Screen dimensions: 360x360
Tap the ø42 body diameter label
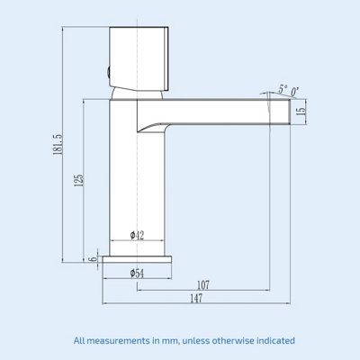pos(138,234)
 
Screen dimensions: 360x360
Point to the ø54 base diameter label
pos(138,271)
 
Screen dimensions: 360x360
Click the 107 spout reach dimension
pos(203,284)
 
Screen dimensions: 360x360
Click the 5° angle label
pos(283,88)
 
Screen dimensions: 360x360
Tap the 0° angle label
pos(296,88)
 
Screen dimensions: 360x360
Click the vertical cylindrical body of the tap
pos(123,180)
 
